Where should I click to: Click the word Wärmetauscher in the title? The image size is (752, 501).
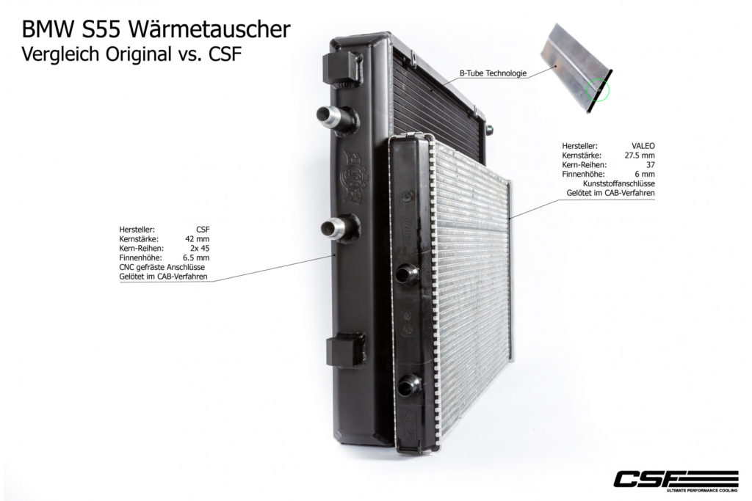point(209,29)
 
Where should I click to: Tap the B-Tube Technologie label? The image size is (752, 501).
point(493,73)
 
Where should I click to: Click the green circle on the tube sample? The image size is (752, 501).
point(598,89)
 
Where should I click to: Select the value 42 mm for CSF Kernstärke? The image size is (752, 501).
point(198,239)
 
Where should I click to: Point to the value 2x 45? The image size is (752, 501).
point(200,248)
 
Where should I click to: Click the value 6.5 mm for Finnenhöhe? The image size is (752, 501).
point(196,257)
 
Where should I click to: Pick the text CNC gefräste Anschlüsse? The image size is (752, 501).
point(162,267)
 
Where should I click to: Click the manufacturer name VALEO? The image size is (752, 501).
point(643,146)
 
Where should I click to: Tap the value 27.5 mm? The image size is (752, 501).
point(640,156)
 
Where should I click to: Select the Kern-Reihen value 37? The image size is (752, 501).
point(651,165)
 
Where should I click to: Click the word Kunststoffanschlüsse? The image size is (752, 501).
point(618,183)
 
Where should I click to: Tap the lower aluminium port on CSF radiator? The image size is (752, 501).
point(338,226)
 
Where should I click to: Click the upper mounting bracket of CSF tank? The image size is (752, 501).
point(343,67)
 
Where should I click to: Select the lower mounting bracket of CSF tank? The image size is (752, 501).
point(345,349)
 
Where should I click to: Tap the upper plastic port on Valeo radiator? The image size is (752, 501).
point(407,274)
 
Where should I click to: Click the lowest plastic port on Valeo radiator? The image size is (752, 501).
point(409,384)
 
